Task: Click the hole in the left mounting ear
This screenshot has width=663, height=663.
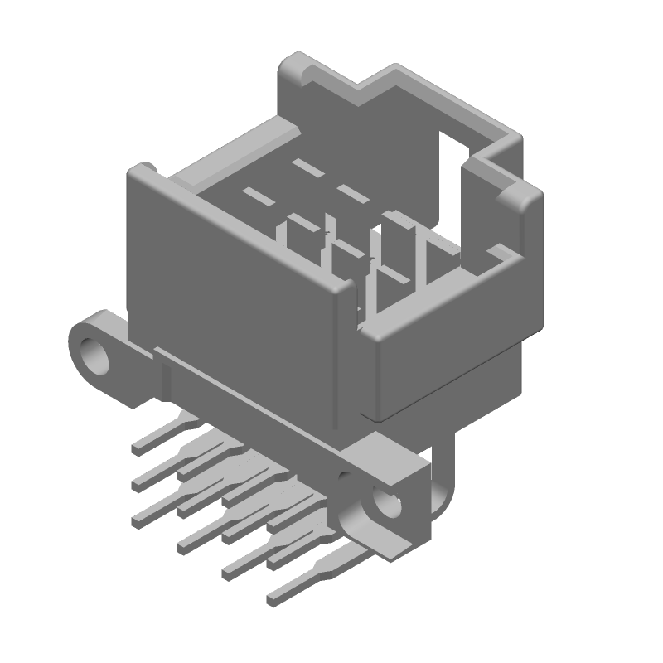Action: click(x=96, y=353)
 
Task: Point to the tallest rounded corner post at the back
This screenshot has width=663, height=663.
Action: click(x=297, y=66)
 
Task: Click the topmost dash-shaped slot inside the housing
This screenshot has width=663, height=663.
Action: click(x=309, y=168)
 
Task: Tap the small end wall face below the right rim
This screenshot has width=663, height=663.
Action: click(x=448, y=365)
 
